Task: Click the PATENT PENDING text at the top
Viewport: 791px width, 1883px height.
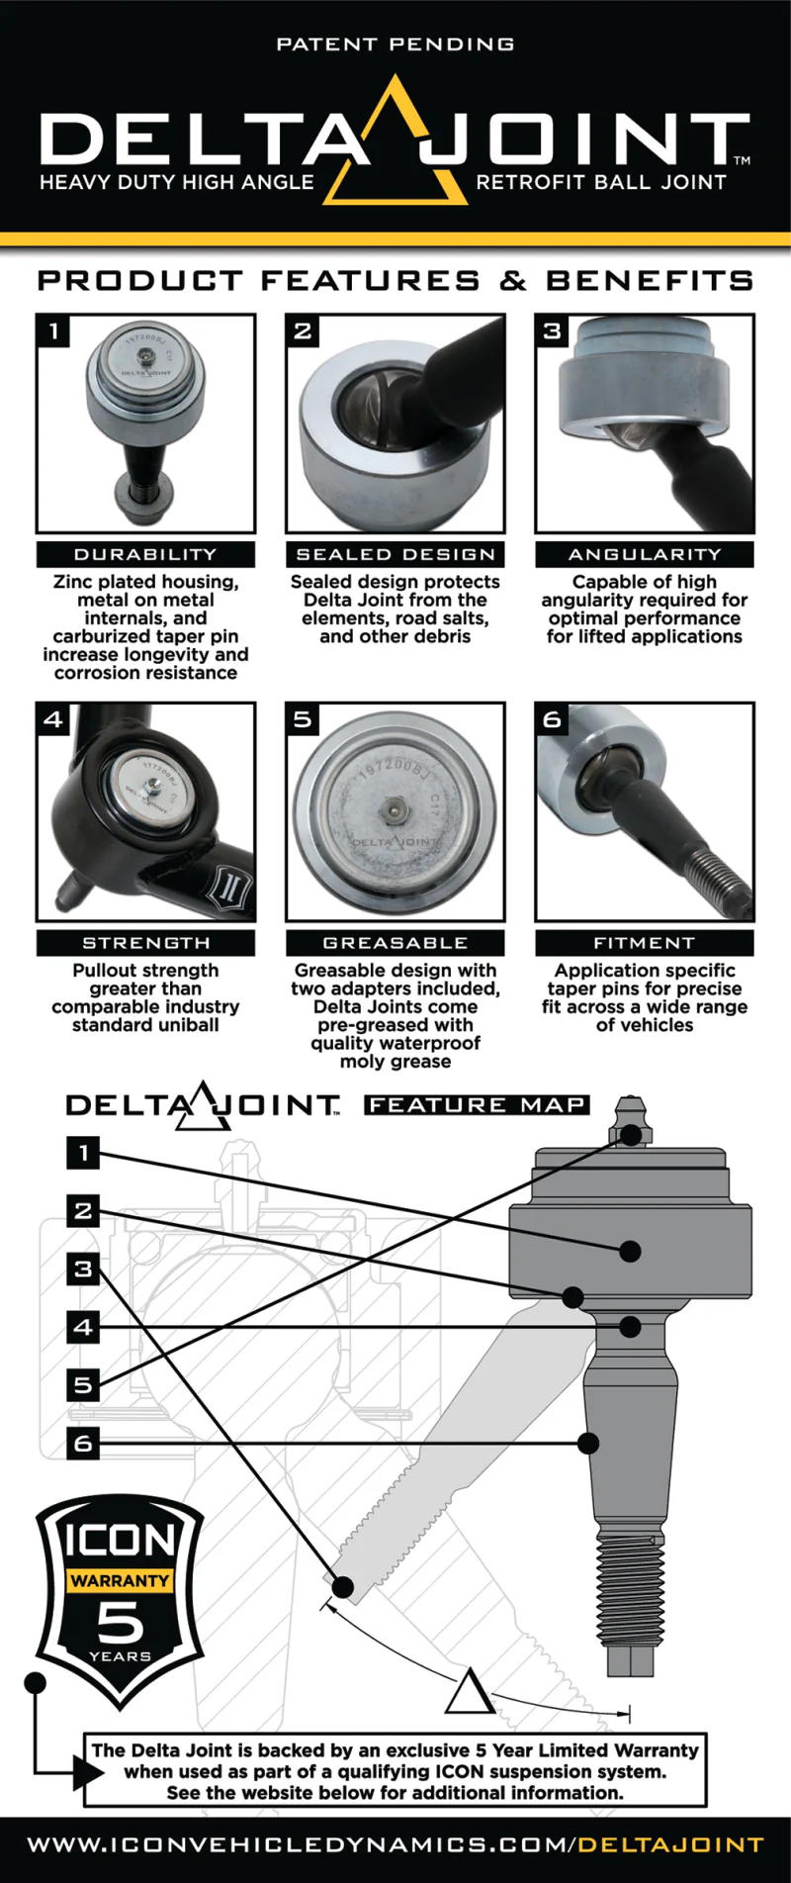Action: tap(395, 45)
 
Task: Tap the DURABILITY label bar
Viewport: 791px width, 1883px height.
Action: tap(145, 554)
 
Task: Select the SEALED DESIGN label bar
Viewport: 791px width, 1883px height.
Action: tap(395, 554)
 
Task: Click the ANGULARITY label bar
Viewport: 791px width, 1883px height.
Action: tap(645, 554)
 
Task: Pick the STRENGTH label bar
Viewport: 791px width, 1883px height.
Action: tap(145, 943)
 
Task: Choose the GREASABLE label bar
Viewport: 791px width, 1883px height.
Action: tap(395, 943)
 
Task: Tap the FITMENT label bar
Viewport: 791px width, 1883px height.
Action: tap(645, 943)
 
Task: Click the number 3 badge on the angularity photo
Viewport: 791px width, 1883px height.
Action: tap(552, 330)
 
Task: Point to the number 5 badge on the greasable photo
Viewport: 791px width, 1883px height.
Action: tap(303, 719)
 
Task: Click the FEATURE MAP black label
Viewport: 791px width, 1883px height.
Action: tap(477, 1104)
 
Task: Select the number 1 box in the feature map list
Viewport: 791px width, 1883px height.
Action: tap(83, 1152)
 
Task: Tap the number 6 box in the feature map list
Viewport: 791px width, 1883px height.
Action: tap(83, 1443)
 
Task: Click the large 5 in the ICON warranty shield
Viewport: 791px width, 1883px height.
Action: tap(120, 1623)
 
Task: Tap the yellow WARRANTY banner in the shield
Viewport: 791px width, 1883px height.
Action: tap(120, 1580)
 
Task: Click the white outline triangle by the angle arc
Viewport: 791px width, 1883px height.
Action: tap(469, 1692)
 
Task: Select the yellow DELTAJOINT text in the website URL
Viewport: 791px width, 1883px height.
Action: tap(670, 1844)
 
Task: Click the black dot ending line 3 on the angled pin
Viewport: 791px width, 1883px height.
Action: tap(343, 1587)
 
